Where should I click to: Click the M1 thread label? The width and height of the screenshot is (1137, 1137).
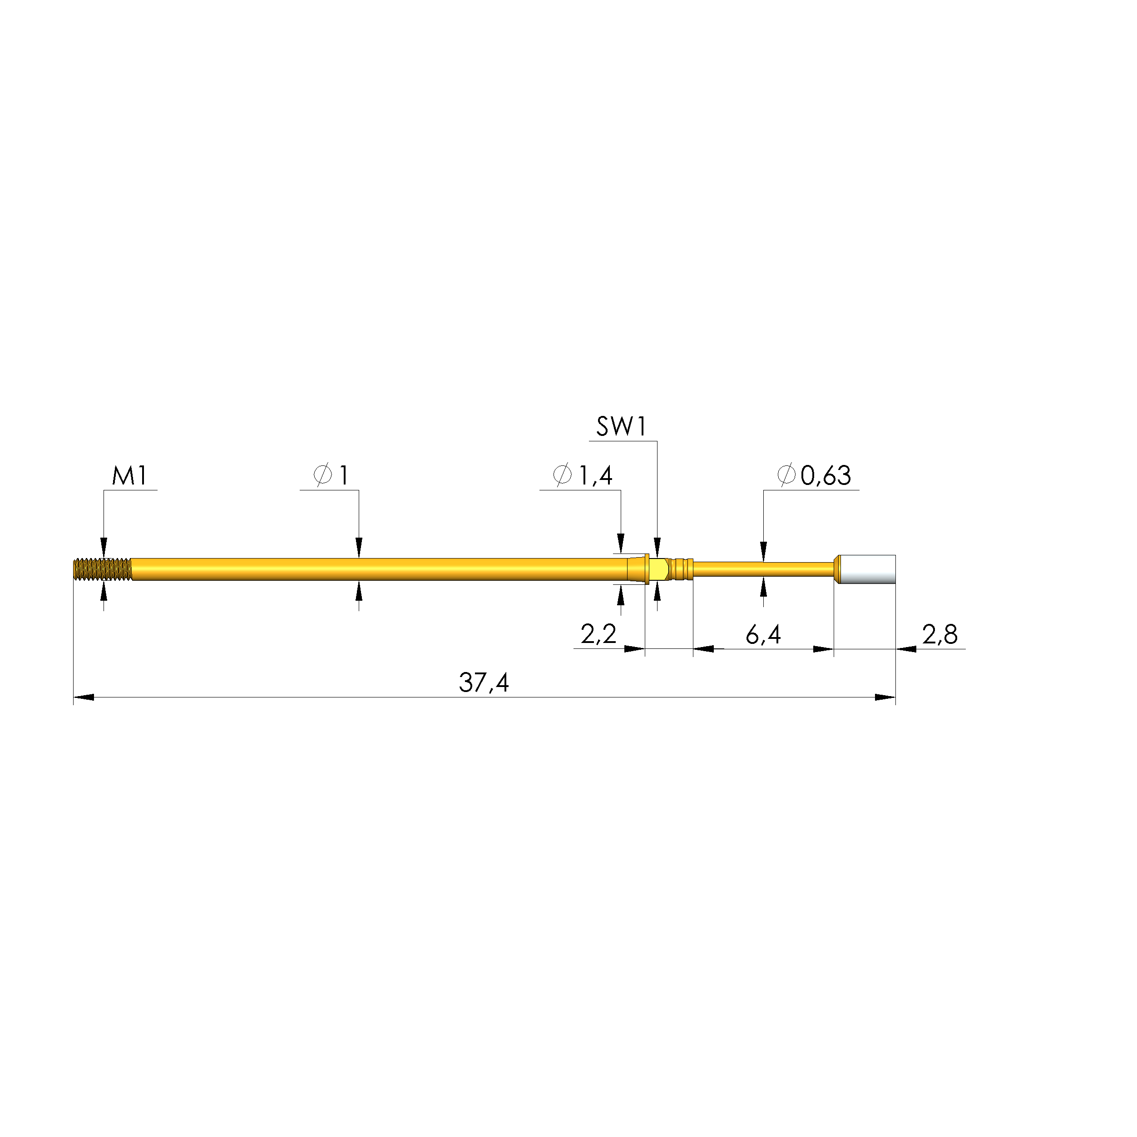point(129,475)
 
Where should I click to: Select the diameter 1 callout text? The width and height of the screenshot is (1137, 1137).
point(331,475)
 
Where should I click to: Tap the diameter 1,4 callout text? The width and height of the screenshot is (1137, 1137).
point(583,475)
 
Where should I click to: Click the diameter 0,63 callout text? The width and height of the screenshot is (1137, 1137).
point(814,475)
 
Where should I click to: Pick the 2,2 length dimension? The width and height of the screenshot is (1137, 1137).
point(598,634)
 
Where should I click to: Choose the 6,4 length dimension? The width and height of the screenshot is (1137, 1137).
point(763,634)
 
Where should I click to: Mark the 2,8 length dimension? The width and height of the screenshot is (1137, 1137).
point(940,634)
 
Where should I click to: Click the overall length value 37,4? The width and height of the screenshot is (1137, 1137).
point(484,682)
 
